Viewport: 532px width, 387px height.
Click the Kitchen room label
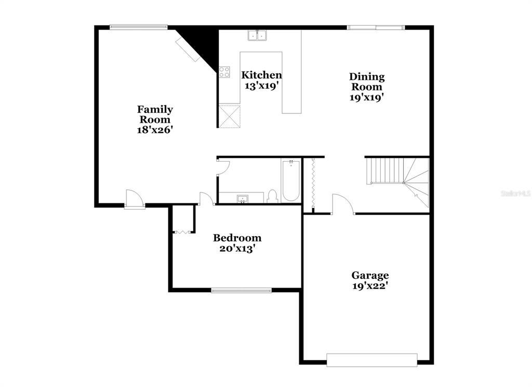(x=261, y=75)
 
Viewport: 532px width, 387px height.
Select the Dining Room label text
(x=367, y=82)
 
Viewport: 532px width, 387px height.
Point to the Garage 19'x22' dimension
(x=370, y=286)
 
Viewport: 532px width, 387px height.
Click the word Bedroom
(x=237, y=238)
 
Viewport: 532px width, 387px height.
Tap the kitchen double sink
(x=257, y=35)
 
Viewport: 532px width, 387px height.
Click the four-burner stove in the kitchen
(x=224, y=72)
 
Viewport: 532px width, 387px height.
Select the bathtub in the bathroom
(x=291, y=181)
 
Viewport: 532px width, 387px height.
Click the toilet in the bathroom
(x=272, y=197)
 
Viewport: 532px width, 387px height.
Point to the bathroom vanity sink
(x=243, y=199)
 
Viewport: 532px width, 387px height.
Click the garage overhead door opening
(x=372, y=360)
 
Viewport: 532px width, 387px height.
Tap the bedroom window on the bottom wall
(x=241, y=290)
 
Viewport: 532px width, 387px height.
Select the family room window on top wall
(x=138, y=27)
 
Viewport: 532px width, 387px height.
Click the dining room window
(x=376, y=28)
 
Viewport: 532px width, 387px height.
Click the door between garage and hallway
(x=343, y=204)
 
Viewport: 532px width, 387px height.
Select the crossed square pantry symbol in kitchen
(x=229, y=116)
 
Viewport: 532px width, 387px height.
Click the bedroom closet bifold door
(x=182, y=232)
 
